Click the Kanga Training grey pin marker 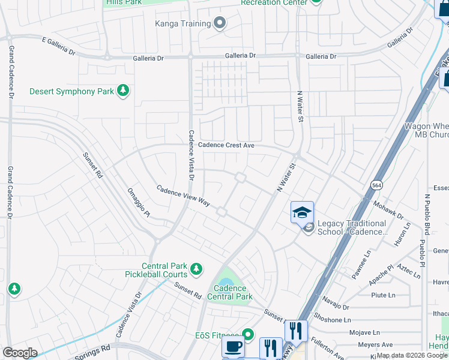[x=220, y=23]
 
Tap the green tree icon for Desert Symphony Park [x=123, y=91]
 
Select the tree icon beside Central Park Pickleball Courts [x=196, y=271]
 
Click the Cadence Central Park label [x=230, y=292]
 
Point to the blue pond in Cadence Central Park [x=226, y=282]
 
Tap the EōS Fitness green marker [x=247, y=335]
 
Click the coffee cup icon [x=234, y=347]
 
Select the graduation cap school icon [x=302, y=212]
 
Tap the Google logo [x=20, y=352]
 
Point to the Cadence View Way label [x=183, y=196]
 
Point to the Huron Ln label [x=402, y=235]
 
